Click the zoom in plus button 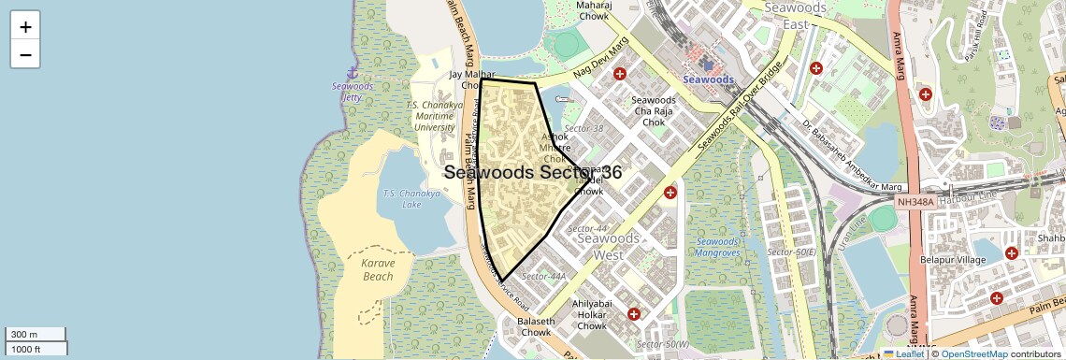tap(25, 26)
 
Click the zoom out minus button tap(25, 54)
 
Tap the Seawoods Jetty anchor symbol tap(353, 72)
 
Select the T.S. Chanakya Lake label tap(403, 198)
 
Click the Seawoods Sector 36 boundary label tap(533, 172)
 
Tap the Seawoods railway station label tap(708, 79)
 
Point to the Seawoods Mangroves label tap(718, 247)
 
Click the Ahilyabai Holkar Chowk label tap(592, 313)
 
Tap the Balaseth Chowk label tap(535, 327)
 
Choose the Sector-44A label tap(544, 276)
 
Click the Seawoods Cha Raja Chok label tap(654, 110)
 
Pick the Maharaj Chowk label tap(594, 10)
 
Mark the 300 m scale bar tap(36, 334)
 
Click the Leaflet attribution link tap(902, 353)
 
